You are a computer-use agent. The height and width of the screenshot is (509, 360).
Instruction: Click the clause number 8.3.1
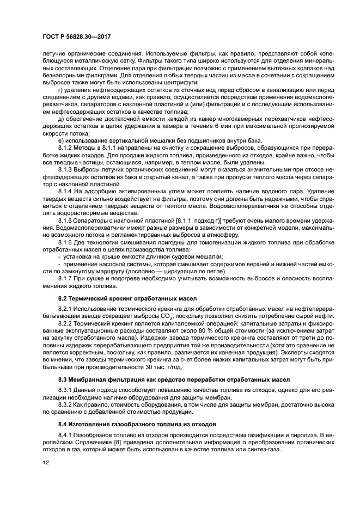[x=66, y=389]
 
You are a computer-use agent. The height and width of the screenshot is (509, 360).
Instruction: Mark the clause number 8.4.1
[x=66, y=434]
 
